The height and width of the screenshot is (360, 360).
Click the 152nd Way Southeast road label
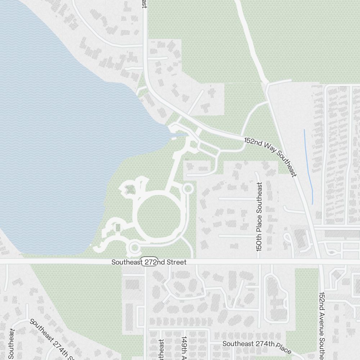[270, 157]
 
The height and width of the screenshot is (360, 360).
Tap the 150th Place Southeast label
[260, 216]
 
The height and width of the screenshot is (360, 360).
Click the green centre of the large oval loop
[159, 216]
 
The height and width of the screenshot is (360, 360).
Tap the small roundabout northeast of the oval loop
[188, 188]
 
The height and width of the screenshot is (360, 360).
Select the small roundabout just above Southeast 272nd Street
[134, 247]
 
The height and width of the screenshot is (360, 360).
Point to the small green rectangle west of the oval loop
[117, 228]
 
